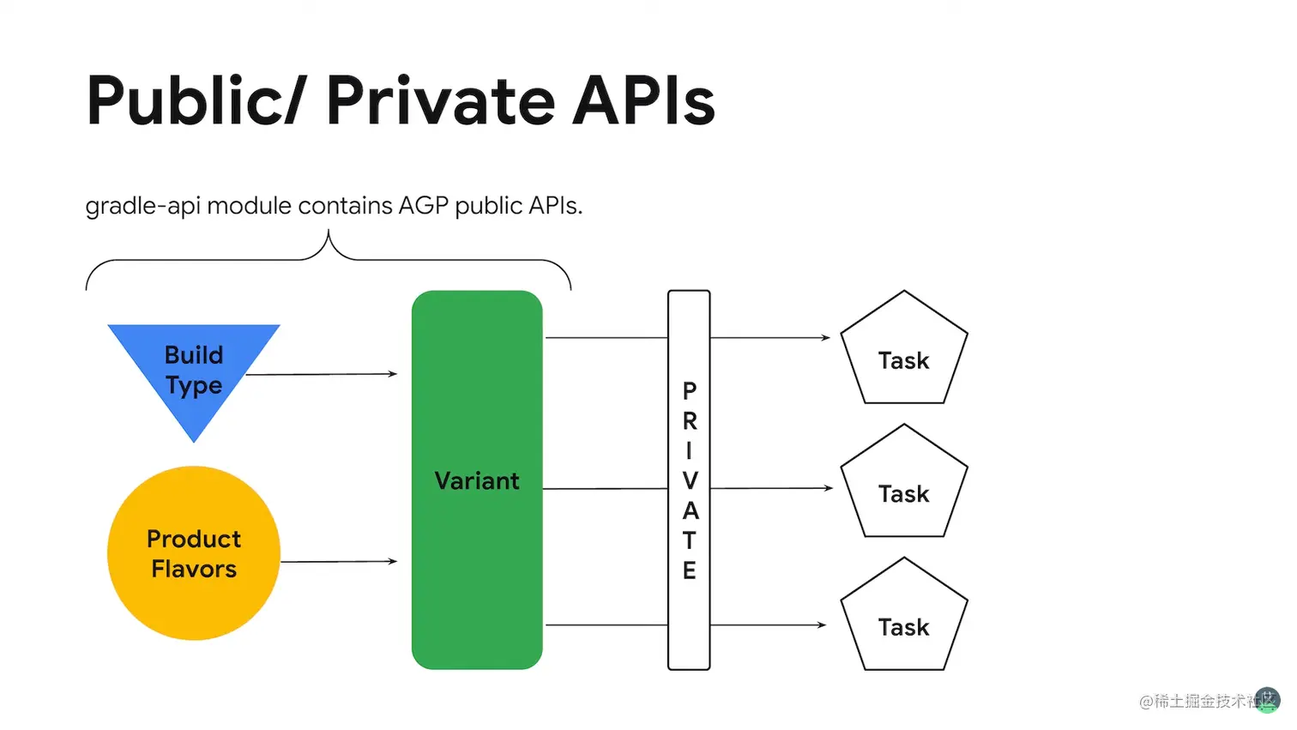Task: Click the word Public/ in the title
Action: click(193, 100)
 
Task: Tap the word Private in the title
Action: click(441, 100)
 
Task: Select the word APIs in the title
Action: click(644, 100)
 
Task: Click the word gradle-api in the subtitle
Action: click(142, 207)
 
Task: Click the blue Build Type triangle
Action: click(194, 365)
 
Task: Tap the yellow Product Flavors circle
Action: click(194, 552)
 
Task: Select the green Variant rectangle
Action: click(477, 480)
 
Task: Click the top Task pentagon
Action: click(904, 350)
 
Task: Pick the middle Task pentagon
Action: click(904, 484)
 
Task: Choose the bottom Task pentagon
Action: click(904, 617)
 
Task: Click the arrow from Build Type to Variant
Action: click(322, 374)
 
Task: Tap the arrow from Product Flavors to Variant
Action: click(339, 561)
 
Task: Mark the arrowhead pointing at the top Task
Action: click(826, 337)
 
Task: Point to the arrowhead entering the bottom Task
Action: click(822, 624)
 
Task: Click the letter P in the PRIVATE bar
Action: click(689, 391)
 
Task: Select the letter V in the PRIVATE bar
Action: click(690, 480)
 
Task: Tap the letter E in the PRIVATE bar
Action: click(689, 570)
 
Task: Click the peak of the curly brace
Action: click(329, 231)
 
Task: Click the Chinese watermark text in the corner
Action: click(1208, 701)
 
